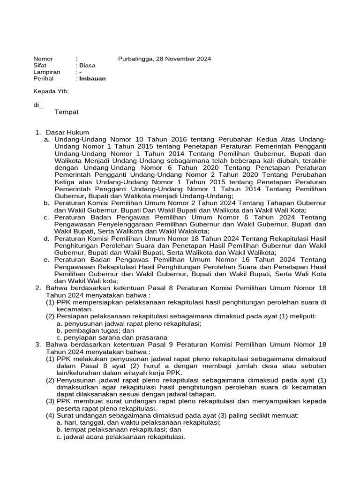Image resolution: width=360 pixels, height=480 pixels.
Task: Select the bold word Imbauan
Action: point(92,79)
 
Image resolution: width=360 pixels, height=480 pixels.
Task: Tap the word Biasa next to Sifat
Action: point(87,66)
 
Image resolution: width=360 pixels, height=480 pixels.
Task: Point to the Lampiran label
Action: point(46,72)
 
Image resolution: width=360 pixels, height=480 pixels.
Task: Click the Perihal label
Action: point(43,79)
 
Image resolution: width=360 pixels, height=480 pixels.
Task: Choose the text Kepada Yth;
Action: point(51,92)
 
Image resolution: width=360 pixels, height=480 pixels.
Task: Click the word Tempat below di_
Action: point(67,112)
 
